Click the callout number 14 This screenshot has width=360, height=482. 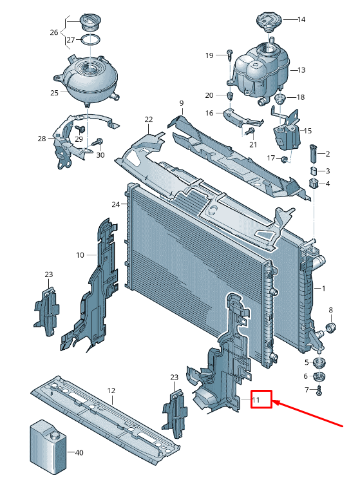point(301,19)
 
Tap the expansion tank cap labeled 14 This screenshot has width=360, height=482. point(269,21)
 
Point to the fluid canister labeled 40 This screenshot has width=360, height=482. point(48,444)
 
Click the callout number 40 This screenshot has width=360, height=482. point(79,452)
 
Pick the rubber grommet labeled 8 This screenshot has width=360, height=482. point(331,328)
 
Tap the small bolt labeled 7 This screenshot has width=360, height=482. point(319,391)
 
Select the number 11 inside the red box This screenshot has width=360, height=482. point(256,400)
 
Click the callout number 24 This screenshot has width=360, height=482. point(116,204)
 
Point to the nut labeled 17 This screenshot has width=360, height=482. point(284,159)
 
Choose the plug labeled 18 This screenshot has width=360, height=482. point(280,99)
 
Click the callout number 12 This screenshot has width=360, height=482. point(111,390)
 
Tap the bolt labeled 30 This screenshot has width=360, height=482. point(99,142)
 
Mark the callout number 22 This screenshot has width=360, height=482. point(149,119)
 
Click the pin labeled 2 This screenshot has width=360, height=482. point(313,153)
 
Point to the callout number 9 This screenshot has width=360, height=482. point(181,103)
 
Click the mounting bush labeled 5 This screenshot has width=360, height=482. point(319,363)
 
